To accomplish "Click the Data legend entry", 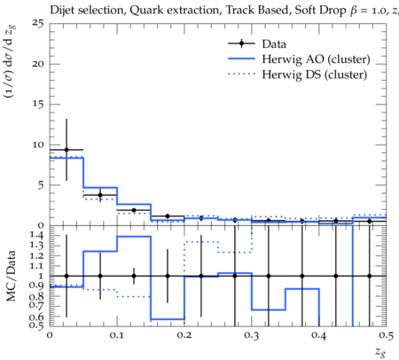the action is [274, 44].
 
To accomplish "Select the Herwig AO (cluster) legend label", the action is [316, 59].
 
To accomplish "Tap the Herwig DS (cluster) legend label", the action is [315, 74].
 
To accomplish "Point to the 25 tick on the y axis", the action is [38, 23].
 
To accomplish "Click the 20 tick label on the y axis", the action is [38, 64].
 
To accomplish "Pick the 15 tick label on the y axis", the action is [38, 105].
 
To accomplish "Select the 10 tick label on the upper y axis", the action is [38, 145].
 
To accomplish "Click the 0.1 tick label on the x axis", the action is [117, 335].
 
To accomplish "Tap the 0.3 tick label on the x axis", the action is [252, 335].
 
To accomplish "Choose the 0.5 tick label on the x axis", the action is [387, 335].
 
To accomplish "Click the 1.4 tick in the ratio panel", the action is [36, 235].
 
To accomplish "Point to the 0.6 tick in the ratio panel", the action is [36, 317].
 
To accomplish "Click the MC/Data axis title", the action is [11, 276].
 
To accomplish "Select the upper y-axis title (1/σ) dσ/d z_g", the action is [10, 62].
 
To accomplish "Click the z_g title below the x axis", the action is [380, 352].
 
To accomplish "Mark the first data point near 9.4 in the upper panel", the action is [66, 150].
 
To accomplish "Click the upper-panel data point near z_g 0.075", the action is [100, 195].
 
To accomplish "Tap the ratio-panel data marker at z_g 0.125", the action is [134, 276].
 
